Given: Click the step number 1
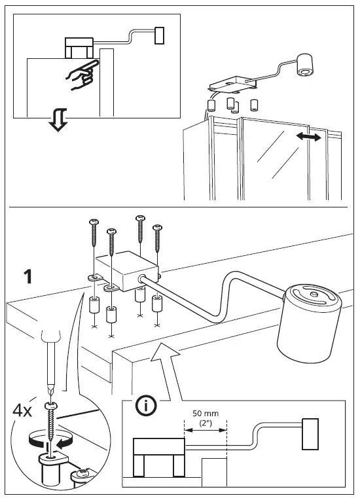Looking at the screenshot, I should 27,277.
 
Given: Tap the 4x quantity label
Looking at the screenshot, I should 24,411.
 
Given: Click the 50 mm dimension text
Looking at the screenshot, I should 205,414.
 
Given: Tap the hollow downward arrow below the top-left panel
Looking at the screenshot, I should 58,120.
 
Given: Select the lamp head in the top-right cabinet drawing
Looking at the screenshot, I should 305,66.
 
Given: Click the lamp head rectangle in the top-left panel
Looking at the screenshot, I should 159,35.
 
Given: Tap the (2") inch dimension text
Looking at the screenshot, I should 205,423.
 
